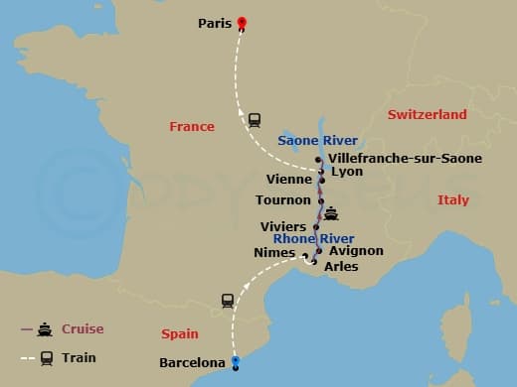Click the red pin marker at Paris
[242, 24]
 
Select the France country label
[192, 126]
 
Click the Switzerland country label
[427, 115]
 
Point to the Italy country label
[452, 200]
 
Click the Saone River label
[317, 141]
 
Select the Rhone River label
[313, 238]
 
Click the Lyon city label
[347, 172]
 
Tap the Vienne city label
[291, 180]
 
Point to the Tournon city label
[283, 200]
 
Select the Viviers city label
[283, 227]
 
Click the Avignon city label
[356, 251]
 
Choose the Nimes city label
[274, 253]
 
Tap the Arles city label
[341, 266]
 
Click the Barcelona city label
[193, 363]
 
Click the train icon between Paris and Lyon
[255, 119]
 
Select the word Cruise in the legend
[83, 329]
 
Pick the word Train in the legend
[79, 357]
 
